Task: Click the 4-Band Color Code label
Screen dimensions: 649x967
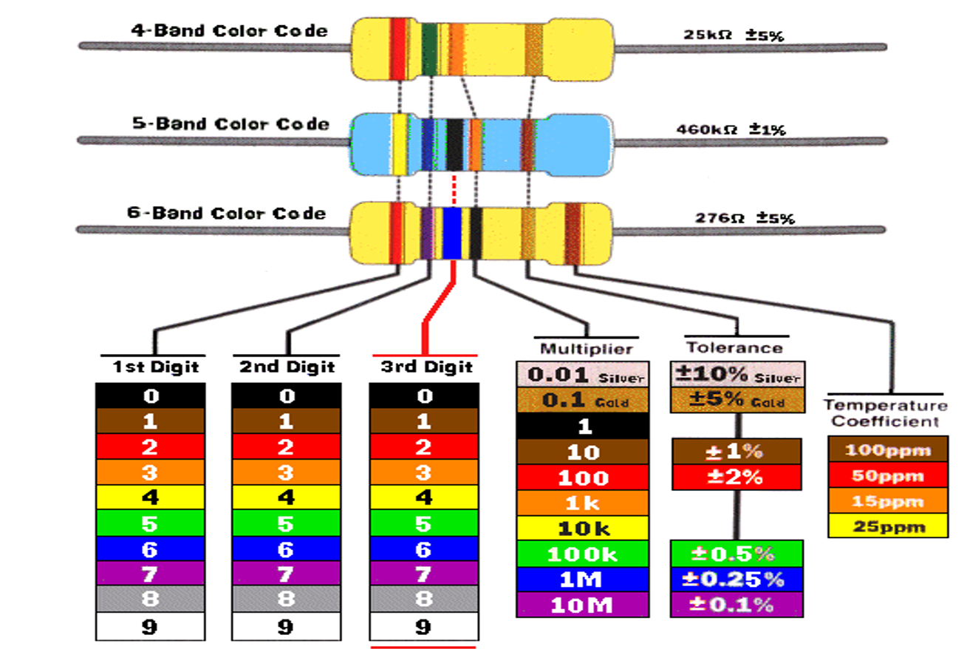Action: point(229,31)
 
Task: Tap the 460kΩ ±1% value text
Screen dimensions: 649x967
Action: point(731,129)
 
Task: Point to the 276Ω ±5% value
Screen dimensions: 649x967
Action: point(744,218)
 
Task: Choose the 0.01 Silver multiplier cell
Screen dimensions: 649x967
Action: point(582,376)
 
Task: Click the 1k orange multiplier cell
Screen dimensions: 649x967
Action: point(582,503)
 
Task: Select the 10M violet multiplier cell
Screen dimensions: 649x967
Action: point(582,605)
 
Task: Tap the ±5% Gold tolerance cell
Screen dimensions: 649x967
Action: point(737,401)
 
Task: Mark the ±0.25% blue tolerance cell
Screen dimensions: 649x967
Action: point(737,579)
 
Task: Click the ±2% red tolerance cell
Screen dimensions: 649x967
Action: point(737,477)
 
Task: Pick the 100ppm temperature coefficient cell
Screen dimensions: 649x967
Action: point(887,450)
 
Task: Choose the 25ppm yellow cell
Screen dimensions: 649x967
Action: point(887,526)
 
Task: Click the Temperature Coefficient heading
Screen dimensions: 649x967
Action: point(885,413)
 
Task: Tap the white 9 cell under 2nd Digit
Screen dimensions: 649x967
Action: point(287,627)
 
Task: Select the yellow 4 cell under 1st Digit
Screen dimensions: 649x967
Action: point(150,497)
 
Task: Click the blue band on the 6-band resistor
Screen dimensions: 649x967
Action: point(452,233)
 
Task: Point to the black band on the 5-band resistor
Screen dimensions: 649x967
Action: point(454,144)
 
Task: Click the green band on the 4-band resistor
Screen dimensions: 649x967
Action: point(427,50)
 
